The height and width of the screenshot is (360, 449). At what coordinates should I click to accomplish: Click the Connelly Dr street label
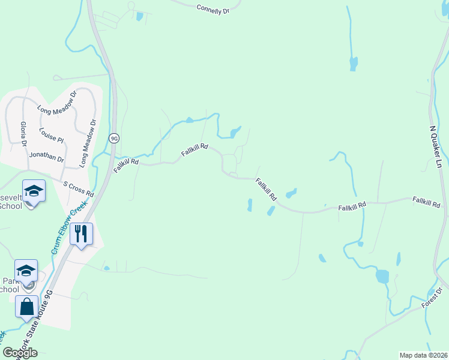coord(213,8)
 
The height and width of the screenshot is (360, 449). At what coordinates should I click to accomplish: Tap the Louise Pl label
coord(51,135)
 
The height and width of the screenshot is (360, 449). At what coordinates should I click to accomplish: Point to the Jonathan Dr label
coord(46,157)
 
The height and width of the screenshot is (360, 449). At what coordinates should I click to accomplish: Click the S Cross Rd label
coord(79,189)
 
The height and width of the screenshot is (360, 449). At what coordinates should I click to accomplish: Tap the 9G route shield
coord(114,138)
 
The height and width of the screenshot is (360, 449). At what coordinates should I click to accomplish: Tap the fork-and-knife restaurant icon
coord(81,233)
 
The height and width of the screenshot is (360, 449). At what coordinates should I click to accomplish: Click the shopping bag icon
coord(27,307)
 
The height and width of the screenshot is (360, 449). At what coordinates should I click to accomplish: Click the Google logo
coord(20,352)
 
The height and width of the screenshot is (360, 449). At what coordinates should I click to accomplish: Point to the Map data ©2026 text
coord(423,355)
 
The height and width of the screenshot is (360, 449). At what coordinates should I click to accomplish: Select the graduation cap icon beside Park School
coord(26,271)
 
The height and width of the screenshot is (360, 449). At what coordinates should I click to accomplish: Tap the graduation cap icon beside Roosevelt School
coord(34,191)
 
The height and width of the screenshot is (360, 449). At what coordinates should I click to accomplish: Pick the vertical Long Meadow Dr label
coord(88,142)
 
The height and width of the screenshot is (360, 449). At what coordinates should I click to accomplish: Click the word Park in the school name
coord(7,280)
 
